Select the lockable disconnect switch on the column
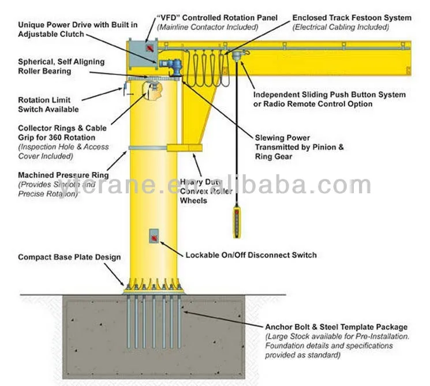pos(154,236)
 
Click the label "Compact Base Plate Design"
pos(69,257)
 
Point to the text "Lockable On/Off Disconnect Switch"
pos(250,255)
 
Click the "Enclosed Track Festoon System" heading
pos(352,18)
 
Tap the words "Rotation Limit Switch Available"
pos(48,104)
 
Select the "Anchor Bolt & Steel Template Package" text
pos(336,327)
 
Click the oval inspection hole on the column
pos(151,90)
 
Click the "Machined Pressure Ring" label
pos(63,175)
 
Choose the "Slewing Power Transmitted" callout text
pos(299,147)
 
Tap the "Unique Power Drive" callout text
pos(77,29)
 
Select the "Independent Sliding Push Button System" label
pos(330,95)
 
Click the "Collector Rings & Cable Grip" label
pos(62,133)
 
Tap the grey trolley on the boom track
pos(235,56)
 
